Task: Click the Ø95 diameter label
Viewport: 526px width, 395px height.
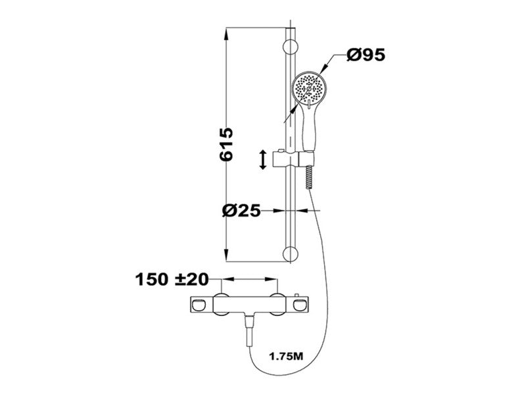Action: [366, 55]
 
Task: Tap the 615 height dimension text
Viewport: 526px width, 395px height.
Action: [226, 144]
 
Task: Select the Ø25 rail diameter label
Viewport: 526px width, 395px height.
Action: [241, 211]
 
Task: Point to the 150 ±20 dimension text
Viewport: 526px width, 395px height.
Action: [172, 279]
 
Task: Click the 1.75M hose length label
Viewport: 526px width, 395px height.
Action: [286, 356]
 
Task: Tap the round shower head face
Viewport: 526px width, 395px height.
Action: [308, 88]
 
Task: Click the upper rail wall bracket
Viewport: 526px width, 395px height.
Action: [291, 47]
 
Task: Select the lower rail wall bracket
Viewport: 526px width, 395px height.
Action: [291, 254]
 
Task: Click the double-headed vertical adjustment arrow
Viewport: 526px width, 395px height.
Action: [264, 160]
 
